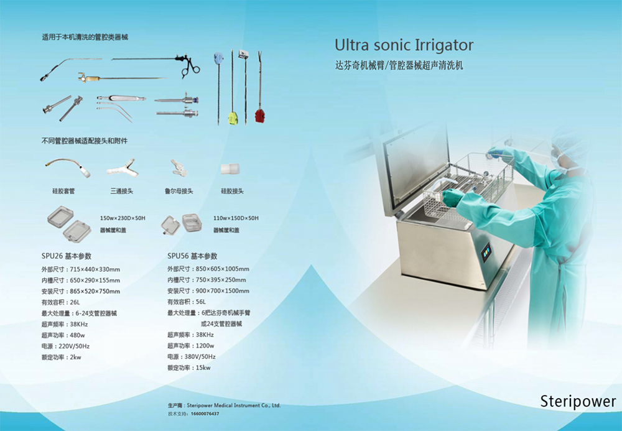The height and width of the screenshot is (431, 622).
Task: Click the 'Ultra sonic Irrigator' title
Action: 404,45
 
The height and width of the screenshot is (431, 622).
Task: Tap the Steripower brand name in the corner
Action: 578,401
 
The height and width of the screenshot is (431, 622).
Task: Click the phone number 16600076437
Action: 205,414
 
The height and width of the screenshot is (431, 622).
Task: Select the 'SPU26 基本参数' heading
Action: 67,256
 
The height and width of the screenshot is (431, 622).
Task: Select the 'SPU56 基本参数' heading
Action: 192,256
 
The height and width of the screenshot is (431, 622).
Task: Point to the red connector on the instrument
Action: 259,116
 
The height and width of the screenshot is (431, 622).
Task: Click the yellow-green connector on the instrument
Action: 233,118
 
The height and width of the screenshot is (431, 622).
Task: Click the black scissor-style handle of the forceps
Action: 190,67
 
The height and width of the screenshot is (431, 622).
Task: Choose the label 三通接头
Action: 122,191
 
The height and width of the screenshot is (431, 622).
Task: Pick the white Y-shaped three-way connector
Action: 123,169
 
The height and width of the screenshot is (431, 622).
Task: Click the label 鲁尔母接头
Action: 179,191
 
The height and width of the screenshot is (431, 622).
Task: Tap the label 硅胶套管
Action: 63,191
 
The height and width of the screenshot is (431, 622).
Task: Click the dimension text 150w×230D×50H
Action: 123,218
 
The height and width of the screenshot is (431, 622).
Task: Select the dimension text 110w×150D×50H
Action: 236,218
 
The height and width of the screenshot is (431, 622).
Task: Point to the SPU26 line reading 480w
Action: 63,335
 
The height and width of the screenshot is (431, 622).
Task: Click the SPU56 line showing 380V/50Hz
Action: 191,357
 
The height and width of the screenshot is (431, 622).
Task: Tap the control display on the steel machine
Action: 486,251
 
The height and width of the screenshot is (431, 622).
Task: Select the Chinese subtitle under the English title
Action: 399,65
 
